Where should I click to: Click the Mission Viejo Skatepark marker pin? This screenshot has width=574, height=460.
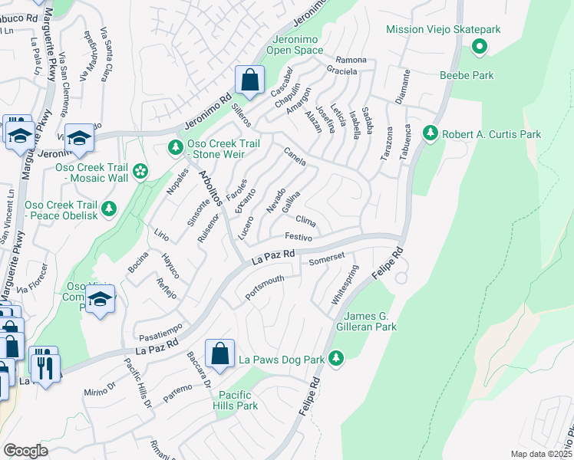pos(480,48)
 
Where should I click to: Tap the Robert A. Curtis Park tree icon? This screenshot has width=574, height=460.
pos(430,133)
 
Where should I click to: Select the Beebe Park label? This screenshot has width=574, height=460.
pos(466,75)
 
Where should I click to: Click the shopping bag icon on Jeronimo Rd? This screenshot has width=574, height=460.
pos(250,80)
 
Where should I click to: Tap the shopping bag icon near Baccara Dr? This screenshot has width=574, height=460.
pos(219,354)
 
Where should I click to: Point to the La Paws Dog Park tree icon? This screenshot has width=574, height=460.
pos(335,358)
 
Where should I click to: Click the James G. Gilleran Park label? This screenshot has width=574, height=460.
pos(370,321)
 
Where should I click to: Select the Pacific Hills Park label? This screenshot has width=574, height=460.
pos(236,400)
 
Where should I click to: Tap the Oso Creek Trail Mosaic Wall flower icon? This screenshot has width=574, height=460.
pos(140,171)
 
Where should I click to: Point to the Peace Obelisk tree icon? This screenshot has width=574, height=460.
pos(109,208)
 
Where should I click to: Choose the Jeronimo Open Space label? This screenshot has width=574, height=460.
pos(295,44)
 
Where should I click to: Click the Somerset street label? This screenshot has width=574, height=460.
pos(327,260)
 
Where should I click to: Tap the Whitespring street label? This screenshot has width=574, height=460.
pos(345,285)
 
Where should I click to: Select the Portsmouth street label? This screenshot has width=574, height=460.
pos(265,287)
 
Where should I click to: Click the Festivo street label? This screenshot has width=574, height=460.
pos(298,238)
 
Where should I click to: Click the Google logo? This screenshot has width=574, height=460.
pos(25,451)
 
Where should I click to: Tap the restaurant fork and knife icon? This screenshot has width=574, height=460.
pos(43,363)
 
